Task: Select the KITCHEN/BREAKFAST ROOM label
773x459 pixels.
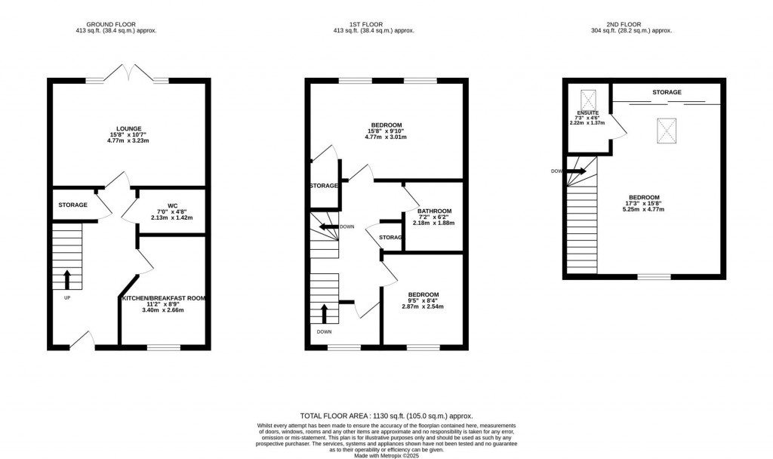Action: pyautogui.click(x=164, y=299)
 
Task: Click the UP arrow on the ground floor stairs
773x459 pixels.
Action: pyautogui.click(x=66, y=279)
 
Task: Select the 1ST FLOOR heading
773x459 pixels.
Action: pyautogui.click(x=365, y=23)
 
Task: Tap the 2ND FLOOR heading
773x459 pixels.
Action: pyautogui.click(x=631, y=23)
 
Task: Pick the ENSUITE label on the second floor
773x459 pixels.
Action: pyautogui.click(x=587, y=112)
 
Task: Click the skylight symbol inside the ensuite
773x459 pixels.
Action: pyautogui.click(x=587, y=98)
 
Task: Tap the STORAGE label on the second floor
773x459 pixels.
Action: pyautogui.click(x=667, y=92)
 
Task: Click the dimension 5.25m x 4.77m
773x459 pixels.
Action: pyautogui.click(x=645, y=209)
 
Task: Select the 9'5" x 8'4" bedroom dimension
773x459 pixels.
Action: pyautogui.click(x=423, y=300)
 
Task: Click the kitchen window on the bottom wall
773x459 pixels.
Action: pyautogui.click(x=164, y=347)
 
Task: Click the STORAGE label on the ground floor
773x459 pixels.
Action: pyautogui.click(x=73, y=205)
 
